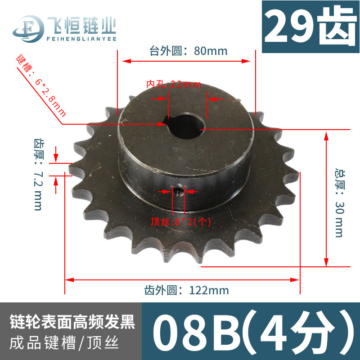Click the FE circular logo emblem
tap(28, 29)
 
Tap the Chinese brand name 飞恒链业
tap(82, 25)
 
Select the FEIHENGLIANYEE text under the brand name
tap(81, 39)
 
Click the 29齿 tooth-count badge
tap(310, 27)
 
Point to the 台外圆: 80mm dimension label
tap(188, 51)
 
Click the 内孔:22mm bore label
tap(174, 85)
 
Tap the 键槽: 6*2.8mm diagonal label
tap(41, 85)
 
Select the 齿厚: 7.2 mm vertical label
tap(39, 175)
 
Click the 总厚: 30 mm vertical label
tap(340, 203)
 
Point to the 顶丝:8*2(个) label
tap(181, 222)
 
